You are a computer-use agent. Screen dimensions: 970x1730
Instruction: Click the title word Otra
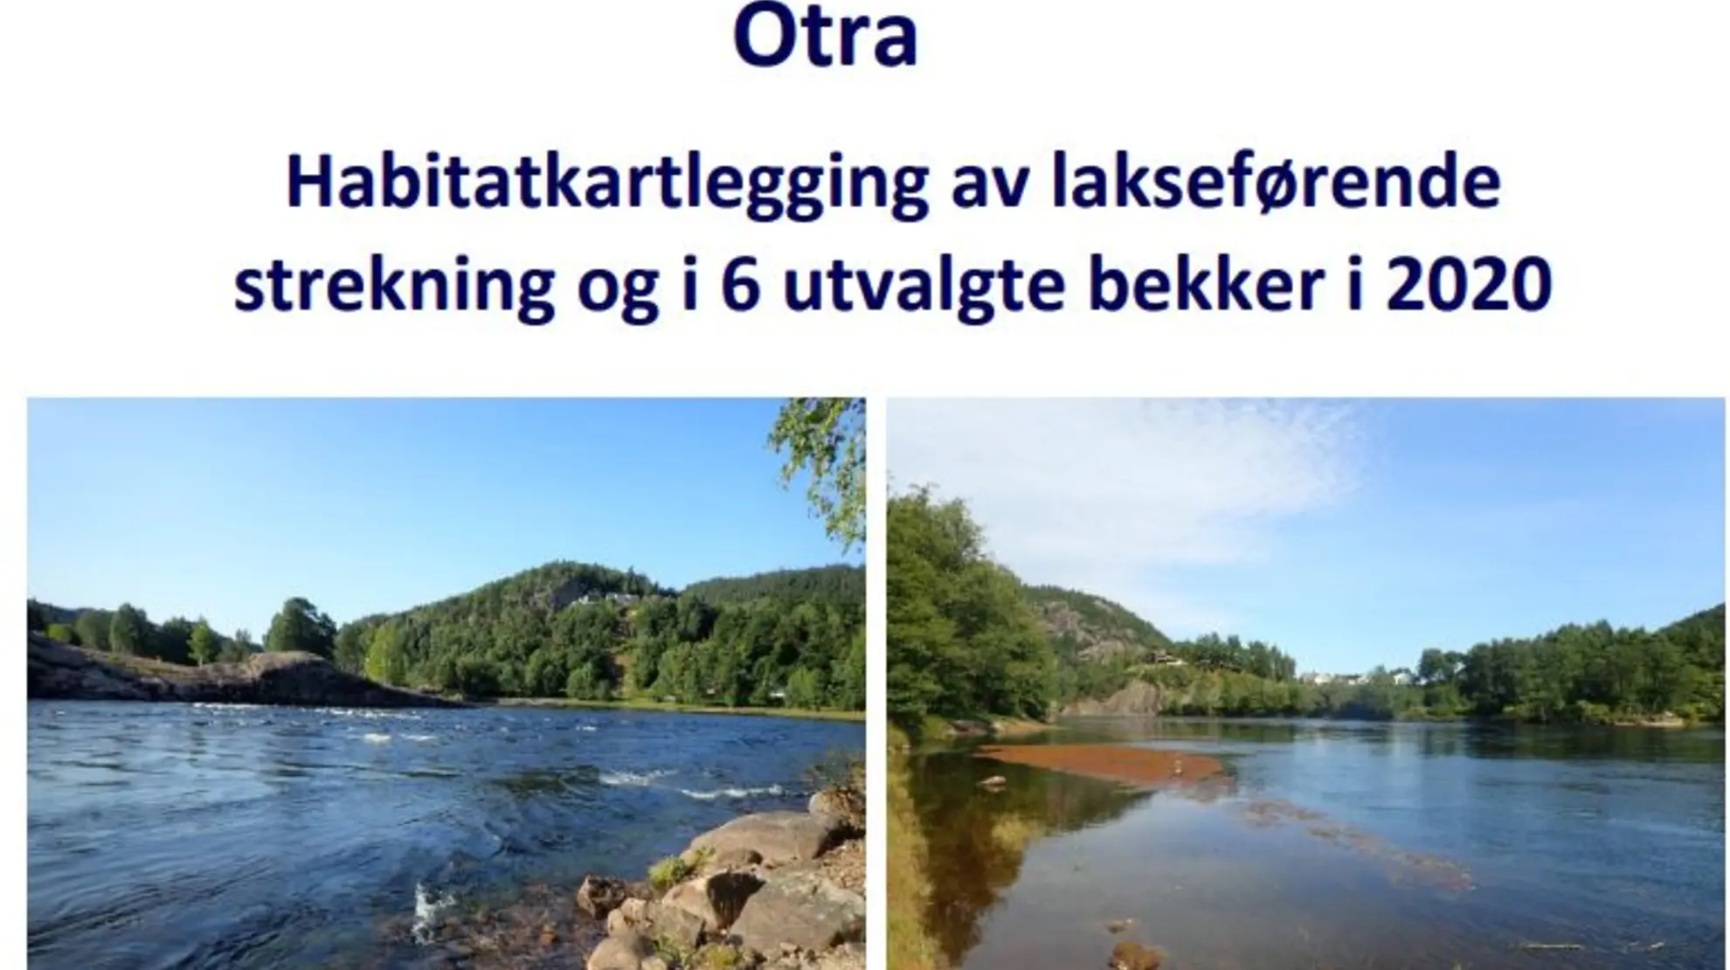[826, 37]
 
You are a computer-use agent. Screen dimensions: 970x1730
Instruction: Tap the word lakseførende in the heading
[1275, 184]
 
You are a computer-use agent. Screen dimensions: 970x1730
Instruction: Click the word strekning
[393, 286]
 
